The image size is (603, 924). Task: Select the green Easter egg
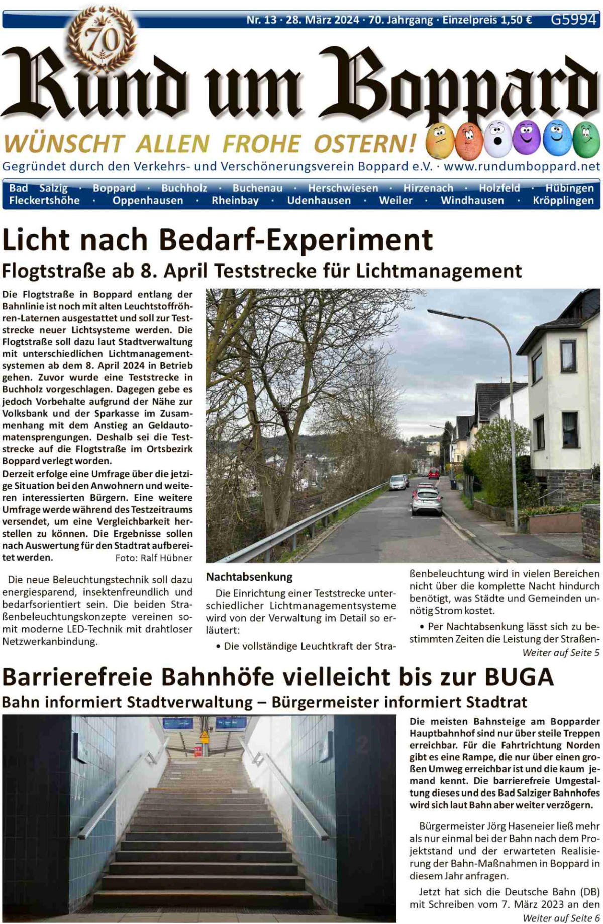[586, 140]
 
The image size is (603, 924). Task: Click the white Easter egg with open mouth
[497, 139]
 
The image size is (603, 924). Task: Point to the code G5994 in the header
[573, 19]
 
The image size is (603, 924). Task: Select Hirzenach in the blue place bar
[428, 188]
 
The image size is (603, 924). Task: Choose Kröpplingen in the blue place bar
[563, 201]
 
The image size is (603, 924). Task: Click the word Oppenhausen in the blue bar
[148, 201]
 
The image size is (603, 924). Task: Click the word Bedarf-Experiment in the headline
[295, 240]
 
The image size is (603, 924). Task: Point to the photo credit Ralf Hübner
[166, 558]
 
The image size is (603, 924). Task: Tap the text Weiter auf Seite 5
[561, 653]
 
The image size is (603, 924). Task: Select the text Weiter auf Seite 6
[561, 918]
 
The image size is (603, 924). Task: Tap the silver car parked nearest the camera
[427, 501]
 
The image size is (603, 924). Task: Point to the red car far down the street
[434, 473]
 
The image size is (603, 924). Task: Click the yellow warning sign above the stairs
[205, 737]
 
